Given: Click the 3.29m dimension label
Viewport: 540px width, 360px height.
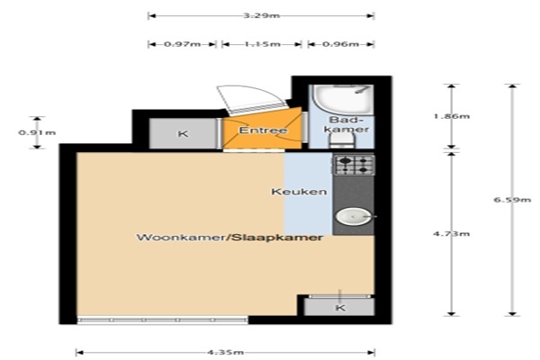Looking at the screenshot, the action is pyautogui.click(x=261, y=15).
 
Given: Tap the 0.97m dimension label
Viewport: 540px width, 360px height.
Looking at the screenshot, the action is pyautogui.click(x=183, y=44).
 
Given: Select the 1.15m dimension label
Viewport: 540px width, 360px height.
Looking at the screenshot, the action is pyautogui.click(x=263, y=44).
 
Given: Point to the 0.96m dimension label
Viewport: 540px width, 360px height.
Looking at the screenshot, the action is pyautogui.click(x=340, y=44).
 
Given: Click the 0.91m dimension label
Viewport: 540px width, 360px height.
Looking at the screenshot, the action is pyautogui.click(x=37, y=132).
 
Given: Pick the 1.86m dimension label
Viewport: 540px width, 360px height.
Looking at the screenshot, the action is pyautogui.click(x=452, y=116).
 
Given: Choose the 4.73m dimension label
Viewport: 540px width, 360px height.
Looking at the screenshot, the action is pyautogui.click(x=452, y=234).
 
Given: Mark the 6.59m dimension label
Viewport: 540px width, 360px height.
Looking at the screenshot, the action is pyautogui.click(x=512, y=200).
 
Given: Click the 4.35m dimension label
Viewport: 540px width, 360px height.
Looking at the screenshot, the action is pyautogui.click(x=226, y=352).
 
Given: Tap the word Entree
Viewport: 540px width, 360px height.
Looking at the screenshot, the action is pyautogui.click(x=263, y=130).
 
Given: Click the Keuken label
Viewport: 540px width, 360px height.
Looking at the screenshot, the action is pyautogui.click(x=299, y=192).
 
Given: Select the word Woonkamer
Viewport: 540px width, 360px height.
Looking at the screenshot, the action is pyautogui.click(x=183, y=238).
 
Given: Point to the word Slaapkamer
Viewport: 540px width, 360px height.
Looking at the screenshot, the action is pyautogui.click(x=277, y=238).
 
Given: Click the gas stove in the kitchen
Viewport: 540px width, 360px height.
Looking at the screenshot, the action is pyautogui.click(x=354, y=165).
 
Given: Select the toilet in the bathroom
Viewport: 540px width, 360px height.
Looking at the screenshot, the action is pyautogui.click(x=342, y=140).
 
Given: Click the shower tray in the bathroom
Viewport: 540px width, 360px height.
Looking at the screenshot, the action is pyautogui.click(x=343, y=100).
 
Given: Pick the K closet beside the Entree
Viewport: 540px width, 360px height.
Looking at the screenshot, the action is pyautogui.click(x=183, y=133).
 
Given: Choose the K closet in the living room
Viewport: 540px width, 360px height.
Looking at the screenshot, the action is pyautogui.click(x=340, y=307).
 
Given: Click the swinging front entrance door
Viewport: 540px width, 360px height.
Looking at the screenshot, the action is pyautogui.click(x=252, y=99).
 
